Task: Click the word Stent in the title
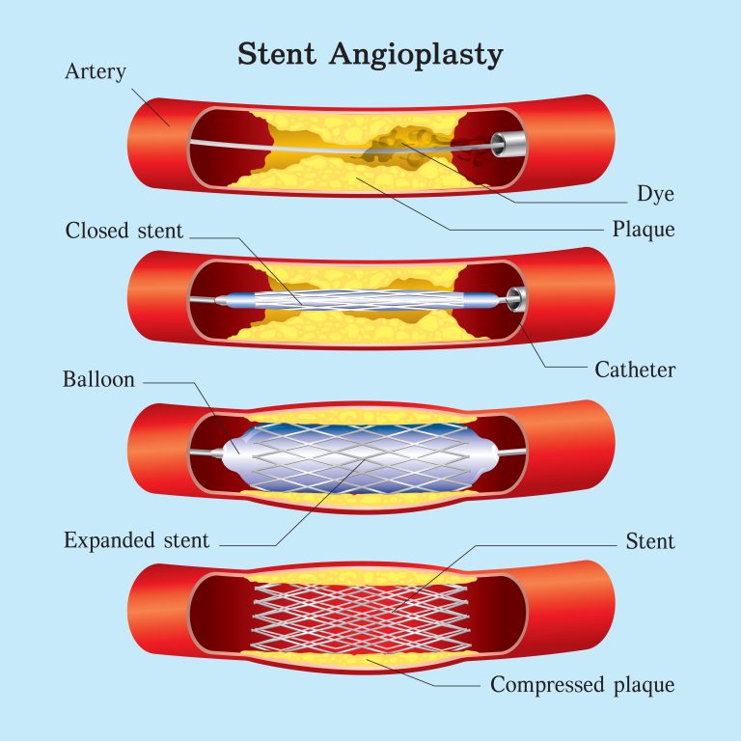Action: coord(278,54)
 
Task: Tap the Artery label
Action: coord(94,71)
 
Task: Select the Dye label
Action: coord(655,194)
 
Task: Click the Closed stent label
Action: coord(123,232)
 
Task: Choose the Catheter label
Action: coord(635,370)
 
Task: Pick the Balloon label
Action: coord(98,379)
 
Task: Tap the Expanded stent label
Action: coord(136,540)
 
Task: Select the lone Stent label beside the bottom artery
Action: coord(648,541)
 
